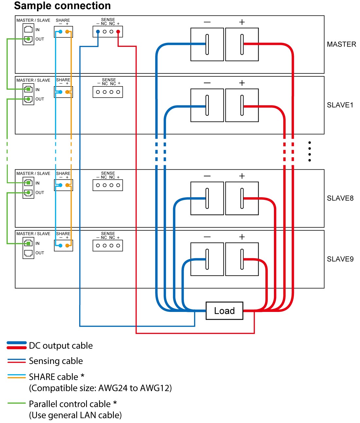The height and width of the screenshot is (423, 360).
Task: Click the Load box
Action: [225, 311]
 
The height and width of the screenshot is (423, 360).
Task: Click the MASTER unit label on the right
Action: [341, 44]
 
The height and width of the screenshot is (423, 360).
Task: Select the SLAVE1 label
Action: [340, 105]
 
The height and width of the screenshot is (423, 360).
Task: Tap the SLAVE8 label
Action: [340, 198]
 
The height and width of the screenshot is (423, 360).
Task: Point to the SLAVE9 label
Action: [340, 259]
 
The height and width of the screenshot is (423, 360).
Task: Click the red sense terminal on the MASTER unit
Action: [118, 32]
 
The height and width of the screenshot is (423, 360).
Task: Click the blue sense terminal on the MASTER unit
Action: [98, 32]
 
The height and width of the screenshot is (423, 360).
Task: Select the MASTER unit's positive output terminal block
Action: [242, 44]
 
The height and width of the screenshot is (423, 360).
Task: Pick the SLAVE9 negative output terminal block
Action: [207, 259]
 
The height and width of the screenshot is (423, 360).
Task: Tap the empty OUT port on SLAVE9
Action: [28, 253]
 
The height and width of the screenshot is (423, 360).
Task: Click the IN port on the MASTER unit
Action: [28, 29]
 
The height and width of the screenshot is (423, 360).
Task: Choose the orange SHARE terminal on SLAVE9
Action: [67, 245]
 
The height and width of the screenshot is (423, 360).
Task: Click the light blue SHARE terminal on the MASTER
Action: [60, 32]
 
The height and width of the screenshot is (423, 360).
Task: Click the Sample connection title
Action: [62, 6]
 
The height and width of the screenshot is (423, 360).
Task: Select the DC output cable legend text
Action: [61, 346]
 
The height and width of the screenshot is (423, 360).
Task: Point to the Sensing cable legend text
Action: [56, 361]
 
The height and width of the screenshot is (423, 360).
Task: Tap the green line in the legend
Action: [16, 403]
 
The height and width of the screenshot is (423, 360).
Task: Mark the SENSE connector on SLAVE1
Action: [108, 92]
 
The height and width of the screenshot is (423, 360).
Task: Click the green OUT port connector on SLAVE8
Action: [28, 193]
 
